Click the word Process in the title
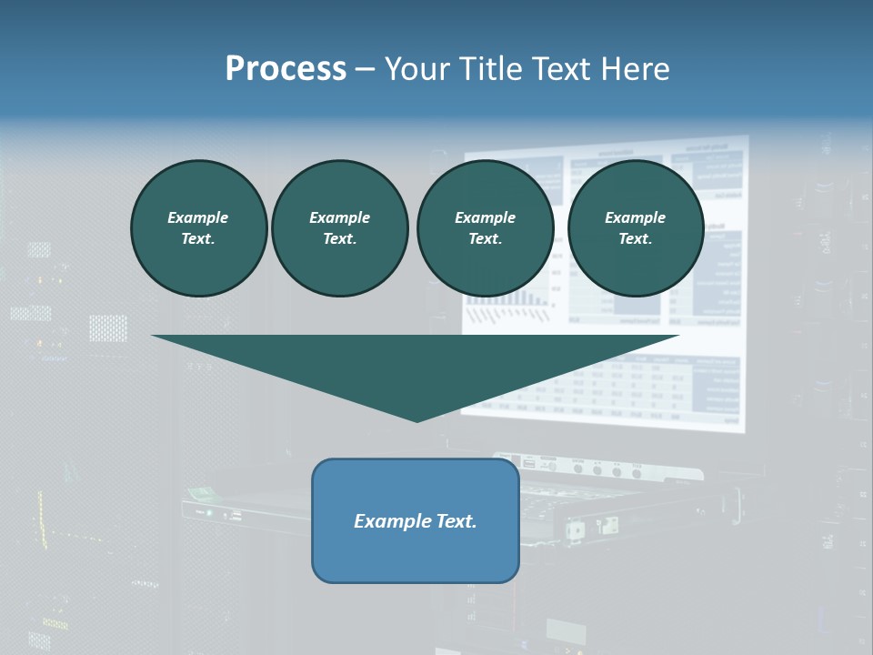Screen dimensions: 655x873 point(286,69)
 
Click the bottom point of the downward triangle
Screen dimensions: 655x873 point(417,420)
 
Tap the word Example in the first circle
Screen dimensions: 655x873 point(198,217)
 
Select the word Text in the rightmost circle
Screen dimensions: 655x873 point(635,238)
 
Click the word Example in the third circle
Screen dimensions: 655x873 point(485,217)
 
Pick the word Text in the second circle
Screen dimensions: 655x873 point(339,238)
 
